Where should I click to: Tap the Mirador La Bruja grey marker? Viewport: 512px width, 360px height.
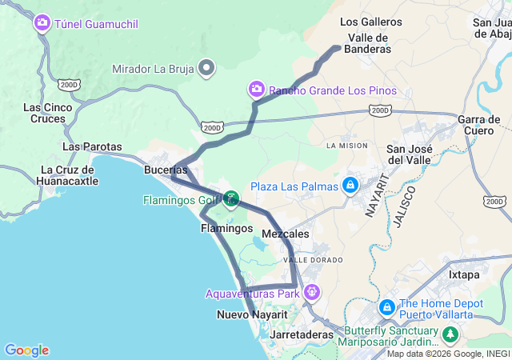(x=206, y=68)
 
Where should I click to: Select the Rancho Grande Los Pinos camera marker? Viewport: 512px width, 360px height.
(x=257, y=89)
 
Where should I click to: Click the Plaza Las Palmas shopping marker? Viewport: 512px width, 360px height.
(x=350, y=186)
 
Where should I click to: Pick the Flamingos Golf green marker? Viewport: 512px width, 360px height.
(x=231, y=199)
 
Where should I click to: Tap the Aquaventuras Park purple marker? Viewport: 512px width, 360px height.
(x=311, y=293)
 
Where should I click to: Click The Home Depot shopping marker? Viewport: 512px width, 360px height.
(x=386, y=307)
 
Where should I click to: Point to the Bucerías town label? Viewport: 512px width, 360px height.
(x=166, y=170)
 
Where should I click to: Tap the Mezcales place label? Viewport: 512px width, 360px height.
(x=286, y=234)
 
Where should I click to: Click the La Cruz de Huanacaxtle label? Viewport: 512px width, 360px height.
(x=70, y=174)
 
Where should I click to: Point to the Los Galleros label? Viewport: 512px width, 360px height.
(x=370, y=22)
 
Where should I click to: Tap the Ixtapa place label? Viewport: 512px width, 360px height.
(x=464, y=274)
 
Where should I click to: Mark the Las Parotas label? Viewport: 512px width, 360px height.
(x=92, y=146)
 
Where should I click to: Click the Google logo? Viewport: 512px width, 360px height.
(x=26, y=350)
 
